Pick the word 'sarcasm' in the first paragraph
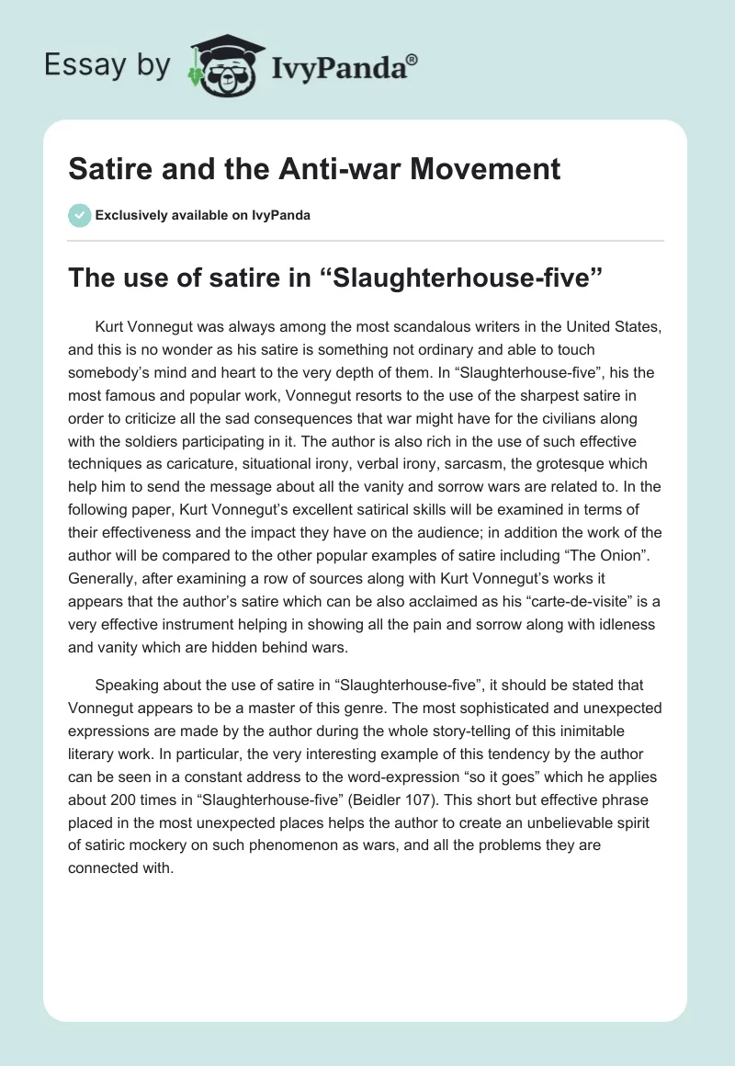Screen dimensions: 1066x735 [x=496, y=464]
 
